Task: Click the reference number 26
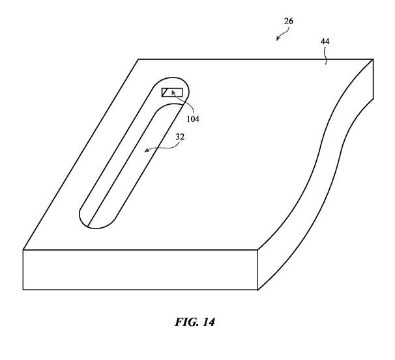pos(289,21)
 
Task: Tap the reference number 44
pos(325,41)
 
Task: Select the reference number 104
pos(193,118)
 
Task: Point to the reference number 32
pos(180,137)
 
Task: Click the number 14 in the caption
pos(209,322)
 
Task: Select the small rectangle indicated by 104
pos(172,92)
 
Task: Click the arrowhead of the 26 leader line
pos(278,38)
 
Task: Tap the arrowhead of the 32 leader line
pos(147,150)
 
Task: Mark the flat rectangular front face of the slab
pos(140,270)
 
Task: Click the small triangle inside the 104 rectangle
pos(164,93)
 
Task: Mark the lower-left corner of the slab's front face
pos(23,290)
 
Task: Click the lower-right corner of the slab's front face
pos(257,290)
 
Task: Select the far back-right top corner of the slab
pos(373,59)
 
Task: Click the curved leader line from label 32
pos(163,148)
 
